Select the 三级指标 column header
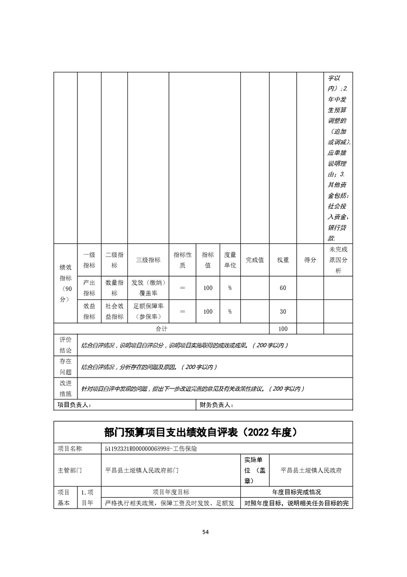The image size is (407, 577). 148,260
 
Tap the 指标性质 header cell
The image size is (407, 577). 182,260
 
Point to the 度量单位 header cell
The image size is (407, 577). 230,260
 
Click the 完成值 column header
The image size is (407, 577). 255,260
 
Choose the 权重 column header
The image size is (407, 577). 283,260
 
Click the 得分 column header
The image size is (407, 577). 310,260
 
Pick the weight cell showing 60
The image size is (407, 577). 283,288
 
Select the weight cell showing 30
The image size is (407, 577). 283,312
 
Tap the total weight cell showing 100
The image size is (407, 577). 283,329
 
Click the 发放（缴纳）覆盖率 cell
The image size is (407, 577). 148,288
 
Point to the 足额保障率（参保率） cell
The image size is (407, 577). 148,312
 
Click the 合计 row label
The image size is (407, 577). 162,329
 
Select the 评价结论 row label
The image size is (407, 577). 65,345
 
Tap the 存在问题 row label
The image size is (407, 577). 65,366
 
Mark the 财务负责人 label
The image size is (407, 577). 216,405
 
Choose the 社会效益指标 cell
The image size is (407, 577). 114,312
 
